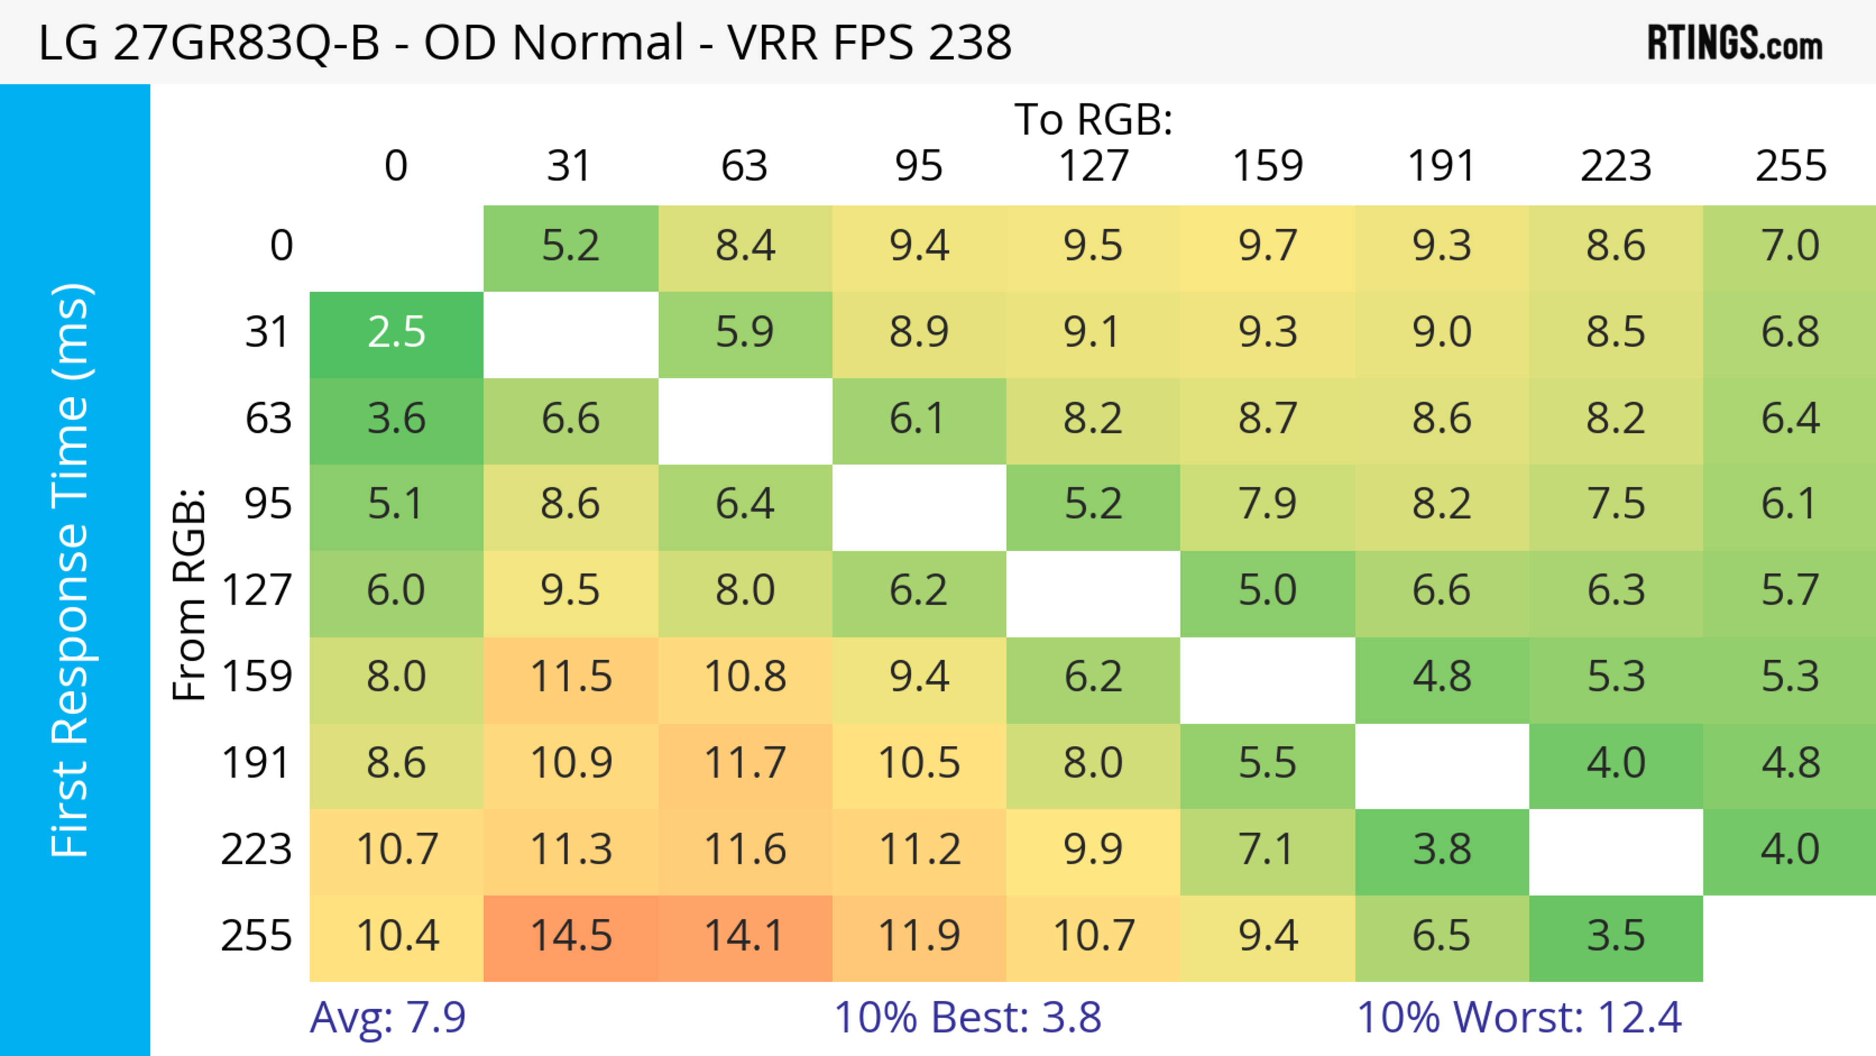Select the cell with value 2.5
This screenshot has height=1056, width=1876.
point(396,333)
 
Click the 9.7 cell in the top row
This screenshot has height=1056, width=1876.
point(1267,246)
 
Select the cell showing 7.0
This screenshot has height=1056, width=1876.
point(1790,246)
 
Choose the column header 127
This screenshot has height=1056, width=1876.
point(1093,166)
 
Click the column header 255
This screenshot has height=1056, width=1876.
point(1790,166)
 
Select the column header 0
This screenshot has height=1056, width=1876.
point(396,166)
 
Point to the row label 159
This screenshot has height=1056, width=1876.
point(256,677)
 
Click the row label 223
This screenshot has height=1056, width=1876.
point(256,850)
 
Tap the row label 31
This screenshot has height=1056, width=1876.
point(268,333)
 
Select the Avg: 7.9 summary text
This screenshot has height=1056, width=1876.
point(387,1017)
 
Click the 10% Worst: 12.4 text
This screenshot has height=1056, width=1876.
point(1519,1017)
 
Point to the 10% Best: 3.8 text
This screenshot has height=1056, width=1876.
point(967,1017)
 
